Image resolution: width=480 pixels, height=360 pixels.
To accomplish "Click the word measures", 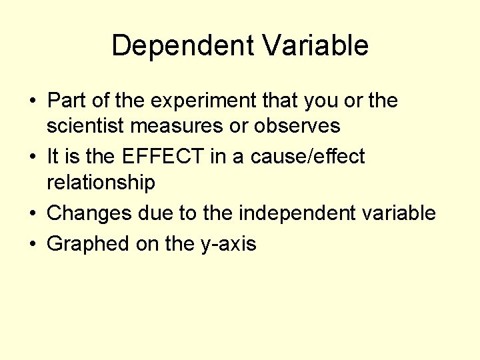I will (172, 125).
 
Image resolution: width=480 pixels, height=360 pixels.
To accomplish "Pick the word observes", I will (297, 125).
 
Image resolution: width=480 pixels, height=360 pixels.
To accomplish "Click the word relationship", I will (101, 181).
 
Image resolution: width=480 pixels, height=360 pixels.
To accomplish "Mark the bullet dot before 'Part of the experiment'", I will (32, 101).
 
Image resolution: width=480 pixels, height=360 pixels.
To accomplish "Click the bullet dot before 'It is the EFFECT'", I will (32, 157).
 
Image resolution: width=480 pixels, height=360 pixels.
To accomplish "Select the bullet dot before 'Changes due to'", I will (32, 213).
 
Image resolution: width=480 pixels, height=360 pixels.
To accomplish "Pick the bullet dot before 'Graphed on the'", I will (32, 245).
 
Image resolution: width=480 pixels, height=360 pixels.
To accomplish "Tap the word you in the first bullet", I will (321, 101).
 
